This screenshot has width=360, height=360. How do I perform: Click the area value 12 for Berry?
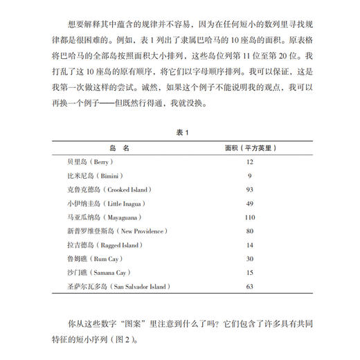pos(249,161)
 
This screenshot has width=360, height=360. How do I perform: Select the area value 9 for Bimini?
pos(249,175)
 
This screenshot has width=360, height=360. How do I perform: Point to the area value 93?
pos(249,189)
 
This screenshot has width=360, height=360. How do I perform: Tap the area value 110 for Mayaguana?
pos(249,217)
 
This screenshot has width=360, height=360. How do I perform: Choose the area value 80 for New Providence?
pos(249,231)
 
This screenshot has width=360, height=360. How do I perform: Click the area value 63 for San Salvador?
pos(249,286)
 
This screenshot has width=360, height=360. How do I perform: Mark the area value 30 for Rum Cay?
pos(249,258)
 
